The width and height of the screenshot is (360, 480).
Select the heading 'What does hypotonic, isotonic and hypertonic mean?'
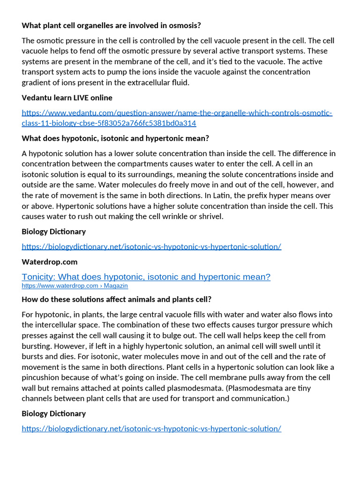click(115, 138)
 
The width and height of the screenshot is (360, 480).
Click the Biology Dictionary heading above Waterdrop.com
click(53, 232)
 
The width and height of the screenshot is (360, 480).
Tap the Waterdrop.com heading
click(49, 262)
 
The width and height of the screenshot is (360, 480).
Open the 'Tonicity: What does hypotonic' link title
click(146, 277)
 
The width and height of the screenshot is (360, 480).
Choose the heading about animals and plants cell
click(116, 299)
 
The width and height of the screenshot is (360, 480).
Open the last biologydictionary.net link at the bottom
click(151, 428)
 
